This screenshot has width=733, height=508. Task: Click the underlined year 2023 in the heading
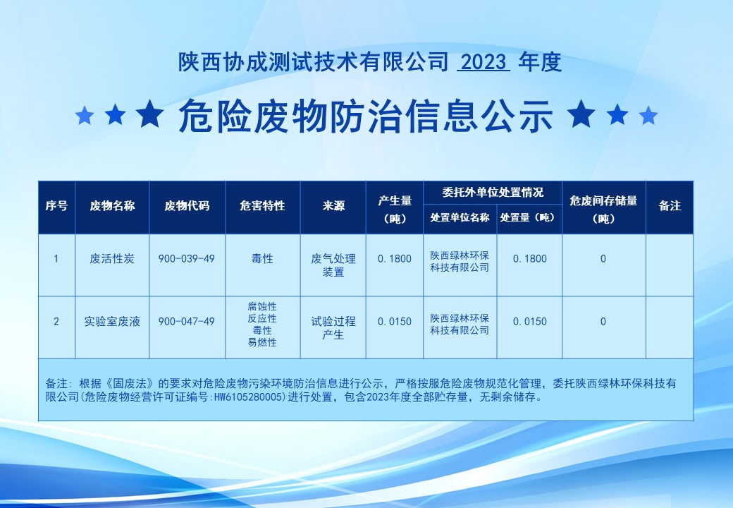pyautogui.click(x=483, y=62)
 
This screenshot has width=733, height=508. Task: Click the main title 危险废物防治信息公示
pyautogui.click(x=366, y=116)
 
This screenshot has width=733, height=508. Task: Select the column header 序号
pyautogui.click(x=56, y=206)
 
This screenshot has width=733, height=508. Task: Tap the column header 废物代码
pyautogui.click(x=187, y=206)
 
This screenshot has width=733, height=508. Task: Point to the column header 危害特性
pyautogui.click(x=262, y=206)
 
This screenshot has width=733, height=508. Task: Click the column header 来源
pyautogui.click(x=333, y=206)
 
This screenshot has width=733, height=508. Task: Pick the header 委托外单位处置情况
pyautogui.click(x=493, y=192)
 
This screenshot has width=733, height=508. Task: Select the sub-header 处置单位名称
pyautogui.click(x=460, y=217)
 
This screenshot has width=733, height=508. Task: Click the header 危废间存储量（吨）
pyautogui.click(x=603, y=209)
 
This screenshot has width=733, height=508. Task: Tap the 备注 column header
pyautogui.click(x=670, y=206)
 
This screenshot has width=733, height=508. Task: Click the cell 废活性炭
pyautogui.click(x=112, y=259)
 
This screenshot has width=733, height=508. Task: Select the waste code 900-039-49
pyautogui.click(x=187, y=259)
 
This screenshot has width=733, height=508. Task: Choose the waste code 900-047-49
pyautogui.click(x=187, y=321)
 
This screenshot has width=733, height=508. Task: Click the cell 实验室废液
pyautogui.click(x=112, y=321)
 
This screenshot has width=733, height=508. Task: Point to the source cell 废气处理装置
pyautogui.click(x=333, y=265)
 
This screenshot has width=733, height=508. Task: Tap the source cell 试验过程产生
pyautogui.click(x=333, y=328)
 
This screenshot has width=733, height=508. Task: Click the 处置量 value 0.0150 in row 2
pyautogui.click(x=529, y=321)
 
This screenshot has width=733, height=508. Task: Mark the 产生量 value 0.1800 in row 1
pyautogui.click(x=395, y=259)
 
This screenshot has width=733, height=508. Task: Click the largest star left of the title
pyautogui.click(x=151, y=114)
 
